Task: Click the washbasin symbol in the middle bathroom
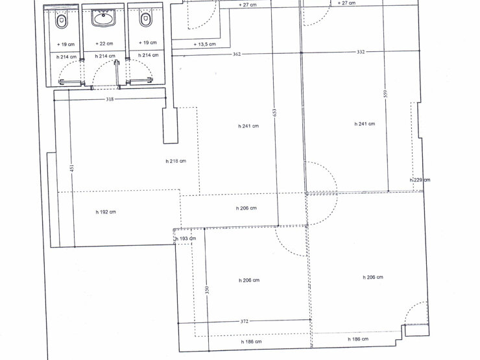[x=104, y=18]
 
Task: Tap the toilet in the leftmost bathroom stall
[x=62, y=21]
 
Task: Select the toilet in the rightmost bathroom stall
[x=146, y=19]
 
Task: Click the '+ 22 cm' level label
[x=104, y=43]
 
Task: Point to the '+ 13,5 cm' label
[x=205, y=44]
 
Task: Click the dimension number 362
[x=237, y=54]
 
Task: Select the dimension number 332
[x=361, y=52]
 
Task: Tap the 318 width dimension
[x=110, y=99]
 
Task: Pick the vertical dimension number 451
[x=72, y=168]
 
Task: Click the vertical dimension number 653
[x=274, y=112]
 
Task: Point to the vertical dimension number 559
[x=385, y=93]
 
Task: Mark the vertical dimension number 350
[x=208, y=289]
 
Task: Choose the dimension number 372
[x=244, y=322]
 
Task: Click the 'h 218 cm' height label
[x=176, y=161]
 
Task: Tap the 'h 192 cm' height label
[x=106, y=212]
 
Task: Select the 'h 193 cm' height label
[x=186, y=239]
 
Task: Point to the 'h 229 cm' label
[x=420, y=180]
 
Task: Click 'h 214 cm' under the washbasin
[x=105, y=56]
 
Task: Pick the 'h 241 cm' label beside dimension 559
[x=365, y=124]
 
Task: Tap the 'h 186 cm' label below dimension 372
[x=251, y=342]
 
